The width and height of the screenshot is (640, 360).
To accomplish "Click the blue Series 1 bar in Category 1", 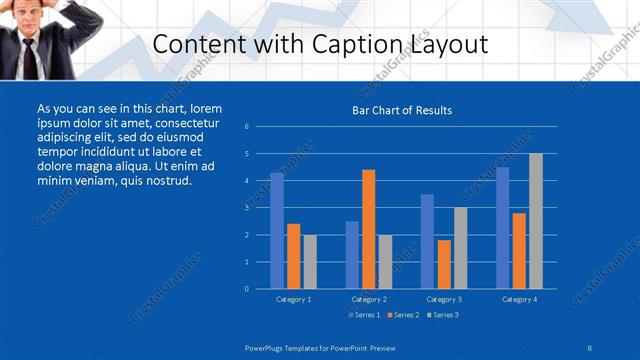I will pyautogui.click(x=277, y=231).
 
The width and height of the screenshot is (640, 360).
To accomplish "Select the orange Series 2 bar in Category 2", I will pyautogui.click(x=369, y=229).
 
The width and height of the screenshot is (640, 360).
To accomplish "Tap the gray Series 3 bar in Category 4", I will pyautogui.click(x=535, y=221).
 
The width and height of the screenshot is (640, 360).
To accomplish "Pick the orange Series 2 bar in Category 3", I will pyautogui.click(x=444, y=264).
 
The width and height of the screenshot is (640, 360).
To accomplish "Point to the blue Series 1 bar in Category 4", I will pyautogui.click(x=502, y=228).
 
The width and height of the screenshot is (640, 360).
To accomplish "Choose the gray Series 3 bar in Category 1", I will pyautogui.click(x=310, y=262).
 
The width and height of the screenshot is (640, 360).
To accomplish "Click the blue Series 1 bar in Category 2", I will pyautogui.click(x=352, y=255).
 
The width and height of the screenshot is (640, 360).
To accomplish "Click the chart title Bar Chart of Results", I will pyautogui.click(x=402, y=110).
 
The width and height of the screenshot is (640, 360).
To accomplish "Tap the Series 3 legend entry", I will pyautogui.click(x=442, y=315).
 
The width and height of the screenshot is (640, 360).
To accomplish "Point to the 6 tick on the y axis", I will pyautogui.click(x=247, y=127).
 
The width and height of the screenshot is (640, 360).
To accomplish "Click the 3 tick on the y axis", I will pyautogui.click(x=247, y=208).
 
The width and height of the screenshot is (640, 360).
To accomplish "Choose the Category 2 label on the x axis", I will pyautogui.click(x=369, y=299).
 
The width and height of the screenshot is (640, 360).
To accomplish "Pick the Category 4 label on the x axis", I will pyautogui.click(x=519, y=299).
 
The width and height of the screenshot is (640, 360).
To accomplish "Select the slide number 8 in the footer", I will pyautogui.click(x=590, y=346).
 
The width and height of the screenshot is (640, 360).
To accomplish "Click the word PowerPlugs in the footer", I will pyautogui.click(x=269, y=346).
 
